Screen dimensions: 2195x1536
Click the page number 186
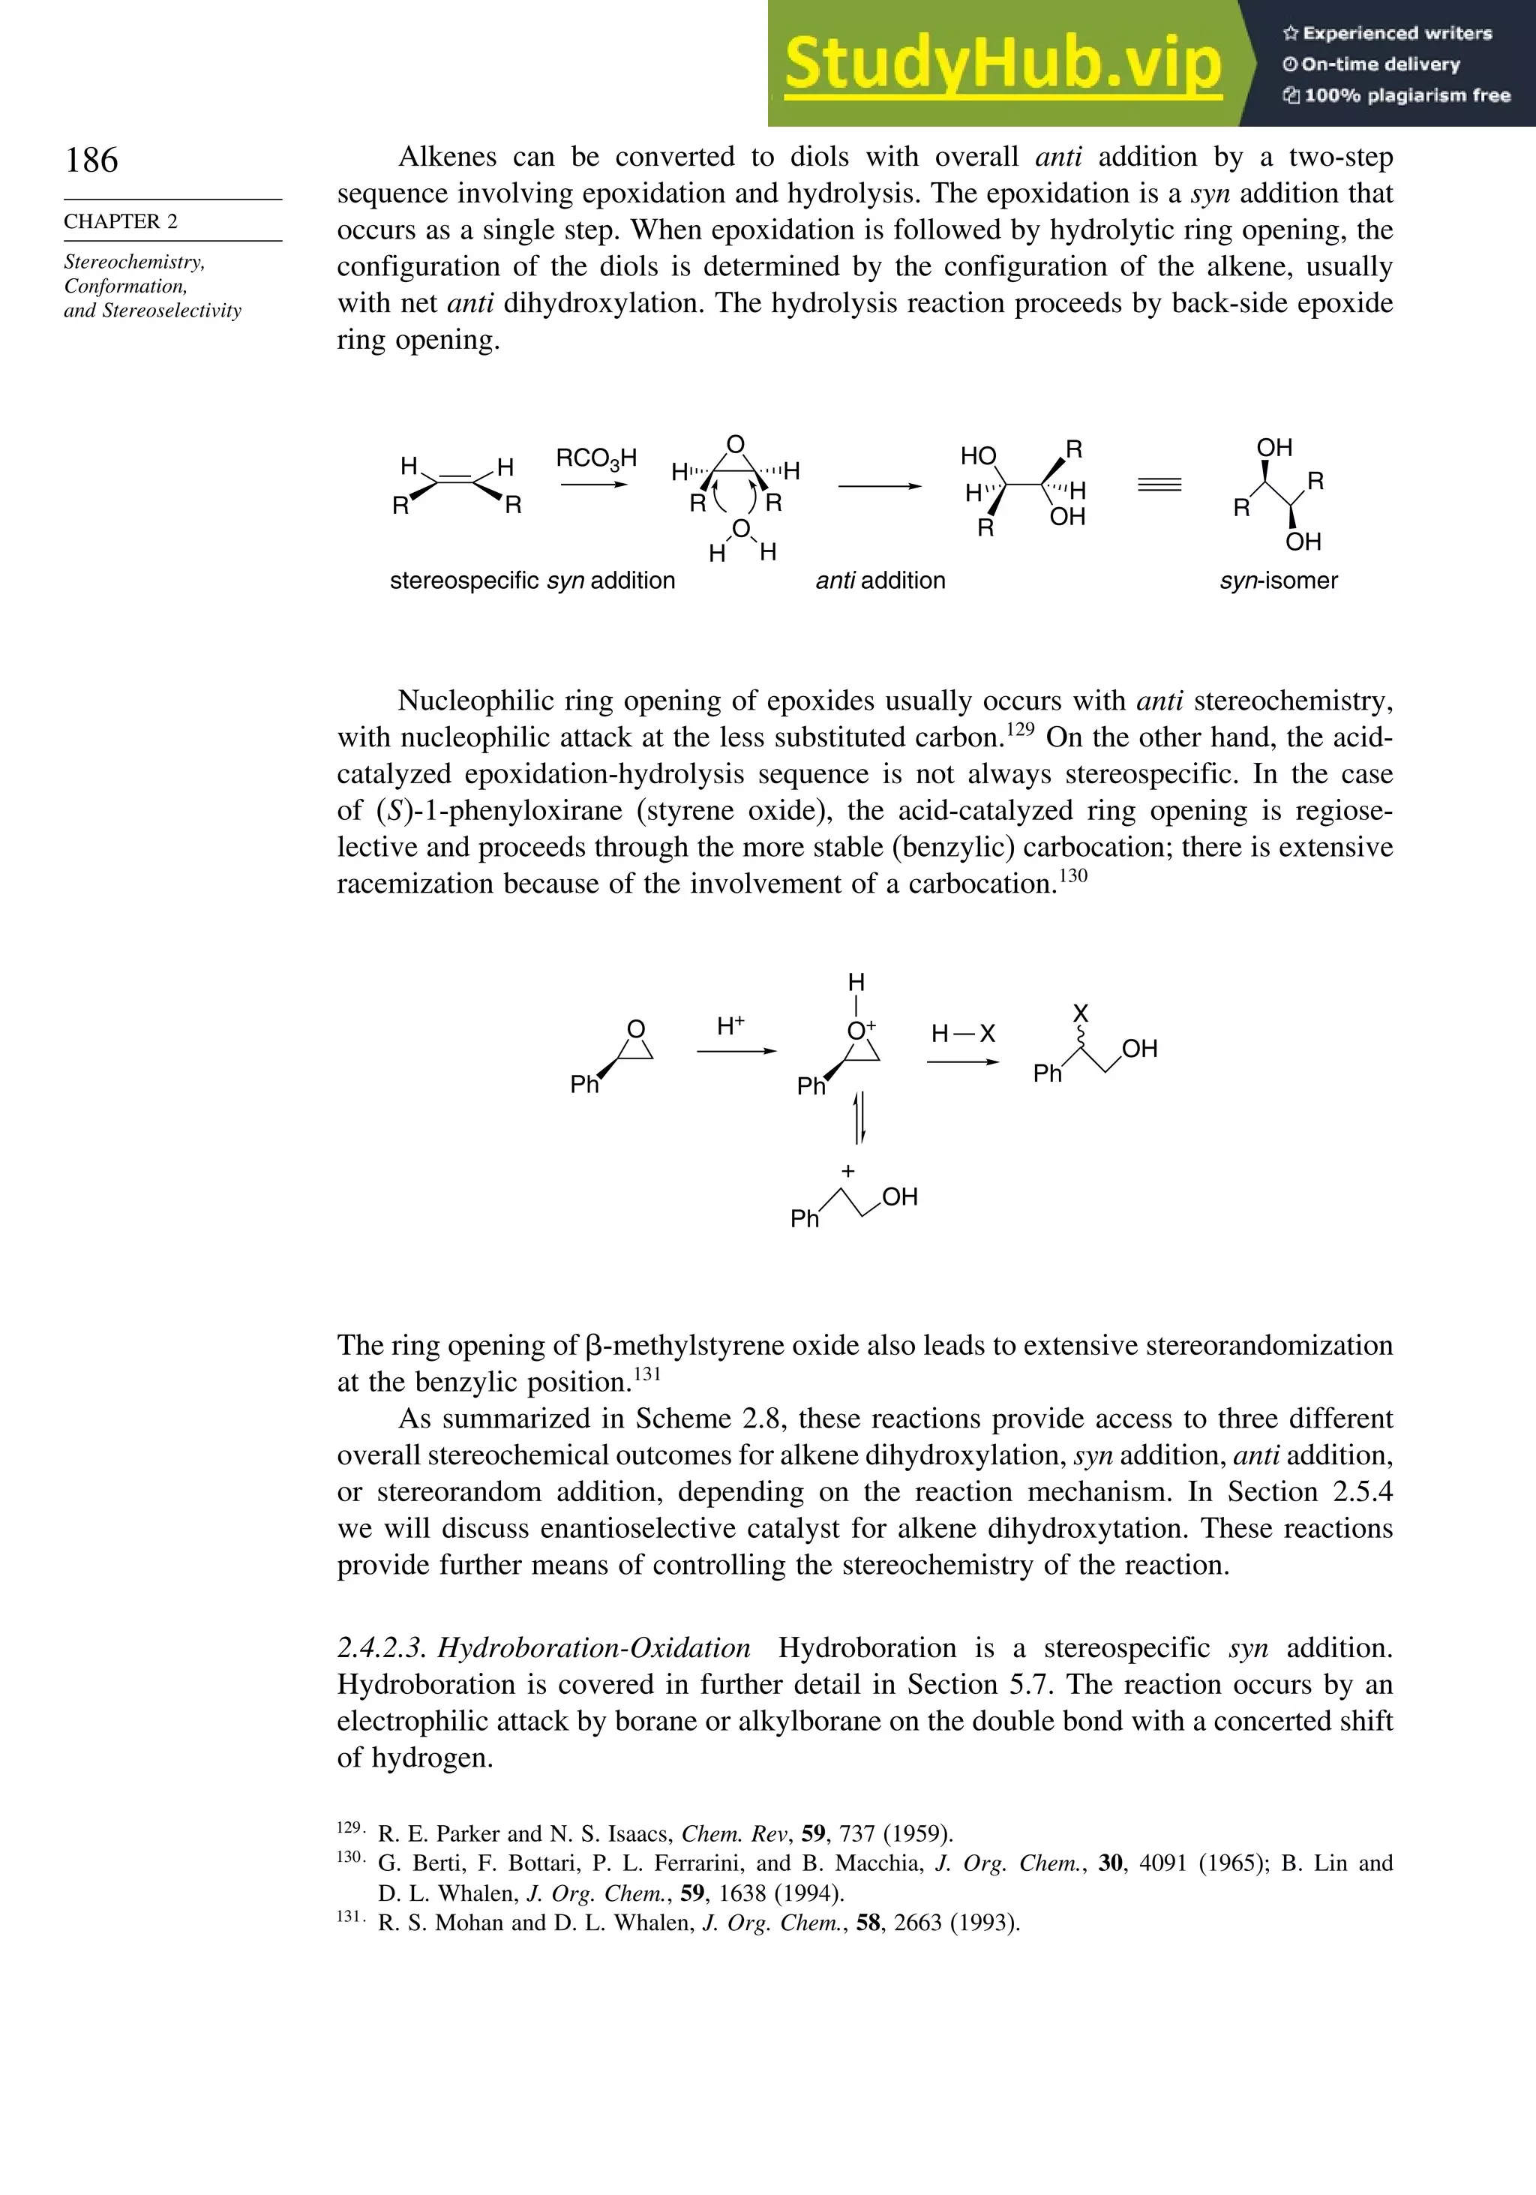[91, 160]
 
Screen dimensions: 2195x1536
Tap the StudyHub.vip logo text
[1003, 64]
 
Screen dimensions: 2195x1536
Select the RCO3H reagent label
[596, 459]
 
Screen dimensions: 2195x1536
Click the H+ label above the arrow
[731, 1025]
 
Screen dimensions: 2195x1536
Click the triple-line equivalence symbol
[1159, 485]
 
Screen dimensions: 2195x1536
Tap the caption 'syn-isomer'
[1278, 581]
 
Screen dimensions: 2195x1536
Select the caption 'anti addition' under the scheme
[880, 581]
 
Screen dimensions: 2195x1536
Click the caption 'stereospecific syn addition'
[532, 581]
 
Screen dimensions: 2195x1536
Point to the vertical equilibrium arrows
[859, 1116]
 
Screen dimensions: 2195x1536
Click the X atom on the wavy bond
[1081, 1013]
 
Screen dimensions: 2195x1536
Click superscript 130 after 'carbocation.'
[1073, 875]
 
